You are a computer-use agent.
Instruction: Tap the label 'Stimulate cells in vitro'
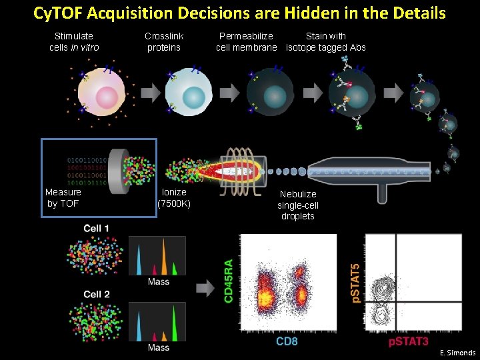pyautogui.click(x=74, y=41)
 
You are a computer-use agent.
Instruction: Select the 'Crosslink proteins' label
pyautogui.click(x=164, y=41)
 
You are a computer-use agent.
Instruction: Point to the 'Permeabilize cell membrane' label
pyautogui.click(x=246, y=41)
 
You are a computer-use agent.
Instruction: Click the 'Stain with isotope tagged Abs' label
pyautogui.click(x=326, y=41)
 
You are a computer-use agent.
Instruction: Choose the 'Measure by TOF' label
pyautogui.click(x=63, y=197)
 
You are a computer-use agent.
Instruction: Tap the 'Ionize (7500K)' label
pyautogui.click(x=174, y=197)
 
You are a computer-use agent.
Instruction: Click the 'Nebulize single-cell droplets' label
pyautogui.click(x=298, y=205)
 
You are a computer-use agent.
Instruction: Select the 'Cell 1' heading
pyautogui.click(x=97, y=229)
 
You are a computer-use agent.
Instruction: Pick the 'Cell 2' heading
pyautogui.click(x=97, y=294)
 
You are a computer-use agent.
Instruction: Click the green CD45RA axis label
pyautogui.click(x=229, y=282)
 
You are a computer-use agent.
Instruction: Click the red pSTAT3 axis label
pyautogui.click(x=409, y=342)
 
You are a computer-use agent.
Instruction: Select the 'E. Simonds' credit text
pyautogui.click(x=457, y=353)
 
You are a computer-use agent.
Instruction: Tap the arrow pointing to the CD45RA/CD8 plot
pyautogui.click(x=205, y=288)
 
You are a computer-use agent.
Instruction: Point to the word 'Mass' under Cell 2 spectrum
pyautogui.click(x=158, y=347)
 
